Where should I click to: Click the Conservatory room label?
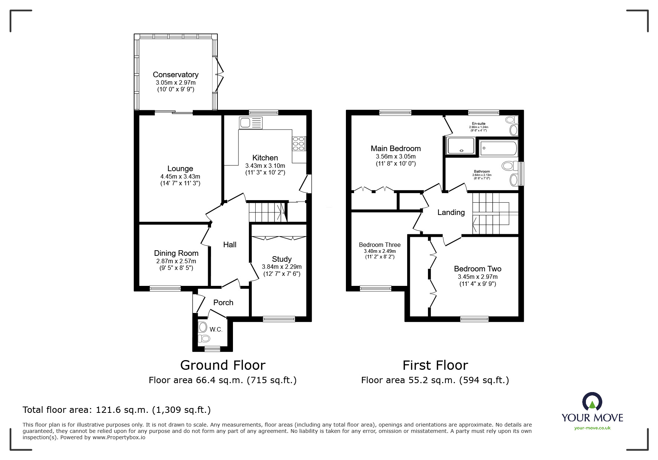tap(176, 75)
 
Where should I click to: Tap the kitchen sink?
tap(251, 123)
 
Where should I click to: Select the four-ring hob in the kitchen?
tap(299, 144)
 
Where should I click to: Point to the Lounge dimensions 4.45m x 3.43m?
tap(180, 177)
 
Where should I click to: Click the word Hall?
tap(230, 245)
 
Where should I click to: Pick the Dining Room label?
tap(176, 253)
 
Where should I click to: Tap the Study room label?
tap(282, 259)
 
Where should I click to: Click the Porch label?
tap(223, 303)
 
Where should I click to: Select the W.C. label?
tap(216, 330)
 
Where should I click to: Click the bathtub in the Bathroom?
tap(498, 148)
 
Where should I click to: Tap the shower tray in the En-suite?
tap(461, 146)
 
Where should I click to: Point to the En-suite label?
tap(479, 124)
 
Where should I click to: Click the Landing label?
tap(451, 212)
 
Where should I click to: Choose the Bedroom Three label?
tap(380, 245)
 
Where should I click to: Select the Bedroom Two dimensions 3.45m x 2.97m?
tap(478, 277)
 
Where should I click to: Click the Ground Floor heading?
tap(223, 365)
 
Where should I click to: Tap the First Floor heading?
tap(435, 365)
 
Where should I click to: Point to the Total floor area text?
tap(117, 410)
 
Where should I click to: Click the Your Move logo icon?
tap(592, 402)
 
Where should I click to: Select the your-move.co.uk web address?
tap(592, 428)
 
